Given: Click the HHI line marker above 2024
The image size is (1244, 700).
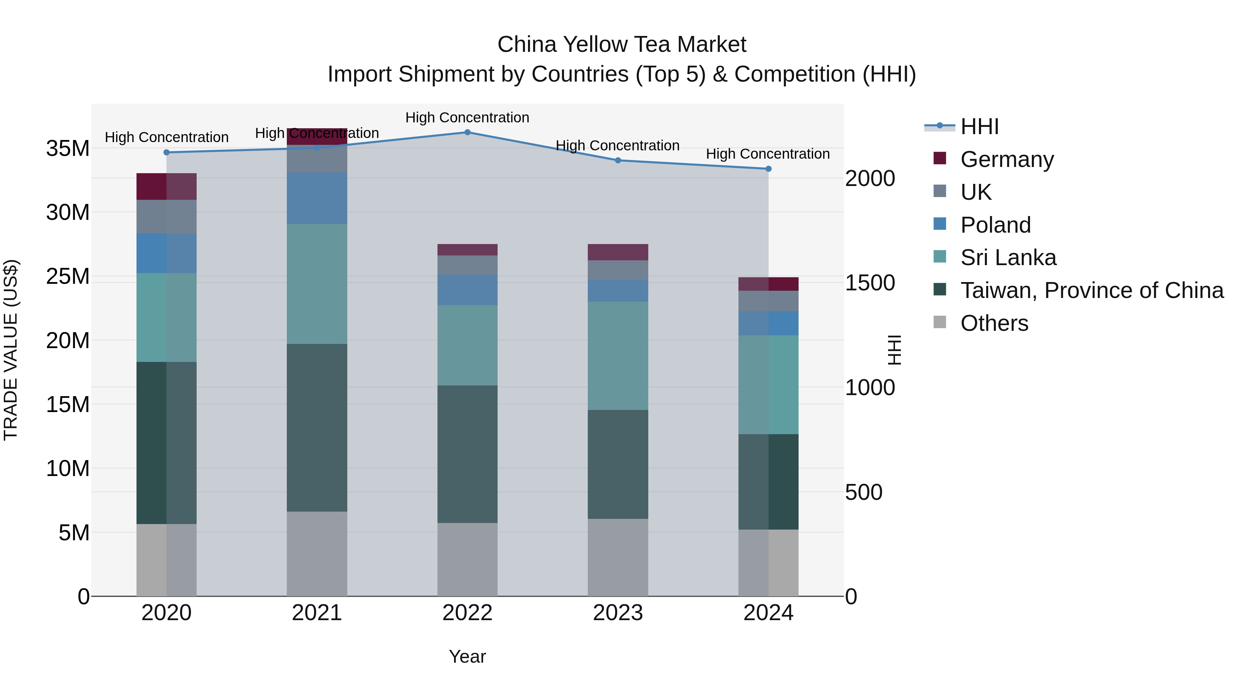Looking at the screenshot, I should [x=768, y=169].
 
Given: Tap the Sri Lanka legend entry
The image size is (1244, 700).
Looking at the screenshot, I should [x=1008, y=258].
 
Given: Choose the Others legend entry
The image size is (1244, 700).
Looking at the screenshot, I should [x=994, y=323].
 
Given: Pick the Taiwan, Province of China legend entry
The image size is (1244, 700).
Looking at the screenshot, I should [x=1091, y=290].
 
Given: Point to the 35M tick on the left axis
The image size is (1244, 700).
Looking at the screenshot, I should [x=68, y=148].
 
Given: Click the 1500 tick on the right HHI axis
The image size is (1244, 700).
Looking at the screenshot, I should [x=870, y=283].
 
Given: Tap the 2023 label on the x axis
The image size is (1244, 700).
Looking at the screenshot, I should [x=618, y=613].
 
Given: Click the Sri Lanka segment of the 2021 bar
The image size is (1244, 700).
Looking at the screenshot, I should [x=317, y=284].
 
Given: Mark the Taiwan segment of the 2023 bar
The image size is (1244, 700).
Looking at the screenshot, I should [x=618, y=464].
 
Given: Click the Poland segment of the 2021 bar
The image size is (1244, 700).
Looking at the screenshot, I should [x=317, y=198].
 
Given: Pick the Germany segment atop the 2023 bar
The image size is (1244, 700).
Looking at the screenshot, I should [x=618, y=252].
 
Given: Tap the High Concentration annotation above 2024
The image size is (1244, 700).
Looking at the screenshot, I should [x=768, y=153].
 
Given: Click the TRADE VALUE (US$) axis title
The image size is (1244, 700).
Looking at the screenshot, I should [x=11, y=350].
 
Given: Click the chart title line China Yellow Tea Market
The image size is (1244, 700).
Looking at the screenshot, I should [x=622, y=45].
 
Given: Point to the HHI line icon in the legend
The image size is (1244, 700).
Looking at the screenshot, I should [x=939, y=126].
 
